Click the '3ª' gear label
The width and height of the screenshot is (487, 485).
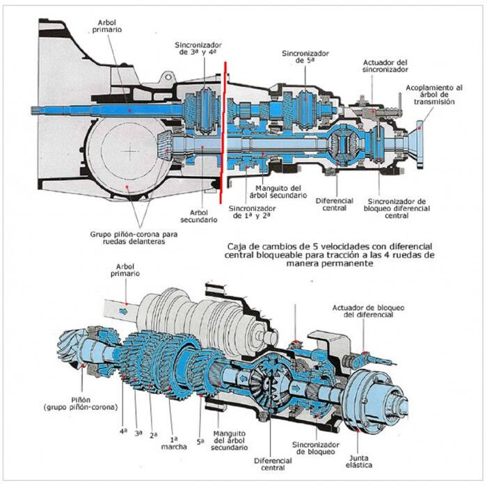[x=138, y=433]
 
